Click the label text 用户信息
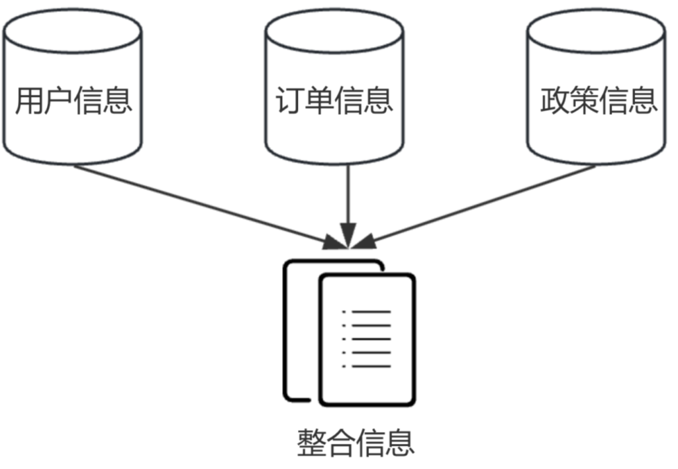73,101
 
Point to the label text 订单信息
334,101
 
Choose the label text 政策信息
598,101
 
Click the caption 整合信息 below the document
356,442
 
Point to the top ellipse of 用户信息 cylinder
72,30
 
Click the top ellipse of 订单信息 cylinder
334,30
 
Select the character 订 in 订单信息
290,101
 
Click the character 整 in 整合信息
313,442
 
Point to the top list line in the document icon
371,311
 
